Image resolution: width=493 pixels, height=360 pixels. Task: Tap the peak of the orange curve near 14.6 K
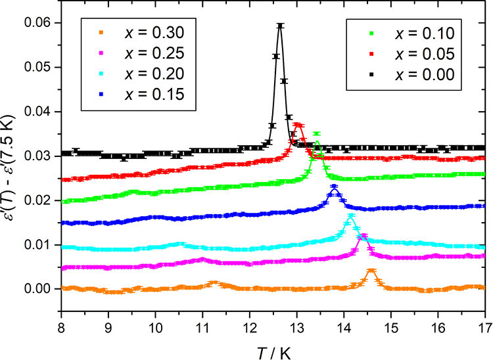point(371,270)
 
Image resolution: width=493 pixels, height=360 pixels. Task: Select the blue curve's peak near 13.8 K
point(334,187)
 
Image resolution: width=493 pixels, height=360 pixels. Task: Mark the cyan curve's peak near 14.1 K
point(350,216)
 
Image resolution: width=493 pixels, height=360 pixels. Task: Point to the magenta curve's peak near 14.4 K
point(362,235)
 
